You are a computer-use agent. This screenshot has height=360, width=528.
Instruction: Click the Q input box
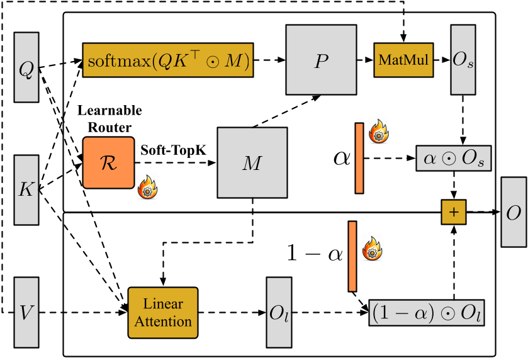pyautogui.click(x=26, y=67)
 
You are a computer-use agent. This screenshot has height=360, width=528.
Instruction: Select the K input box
pyautogui.click(x=26, y=189)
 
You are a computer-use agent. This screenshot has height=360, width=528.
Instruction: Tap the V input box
pyautogui.click(x=26, y=311)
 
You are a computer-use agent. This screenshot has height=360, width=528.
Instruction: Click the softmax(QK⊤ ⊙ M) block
pyautogui.click(x=167, y=60)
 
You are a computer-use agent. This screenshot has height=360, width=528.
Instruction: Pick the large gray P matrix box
pyautogui.click(x=321, y=60)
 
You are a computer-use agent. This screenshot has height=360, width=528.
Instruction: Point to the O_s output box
pyautogui.click(x=463, y=60)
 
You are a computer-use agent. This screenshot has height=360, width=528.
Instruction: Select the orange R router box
pyautogui.click(x=108, y=162)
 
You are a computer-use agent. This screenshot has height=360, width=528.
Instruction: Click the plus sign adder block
pyautogui.click(x=453, y=213)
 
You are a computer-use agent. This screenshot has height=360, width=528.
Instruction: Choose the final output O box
pyautogui.click(x=513, y=212)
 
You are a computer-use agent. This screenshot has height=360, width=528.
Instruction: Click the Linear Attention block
pyautogui.click(x=162, y=312)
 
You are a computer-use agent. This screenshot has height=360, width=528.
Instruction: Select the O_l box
pyautogui.click(x=278, y=312)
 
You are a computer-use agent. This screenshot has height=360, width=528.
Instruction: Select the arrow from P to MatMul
pyautogui.click(x=364, y=60)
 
